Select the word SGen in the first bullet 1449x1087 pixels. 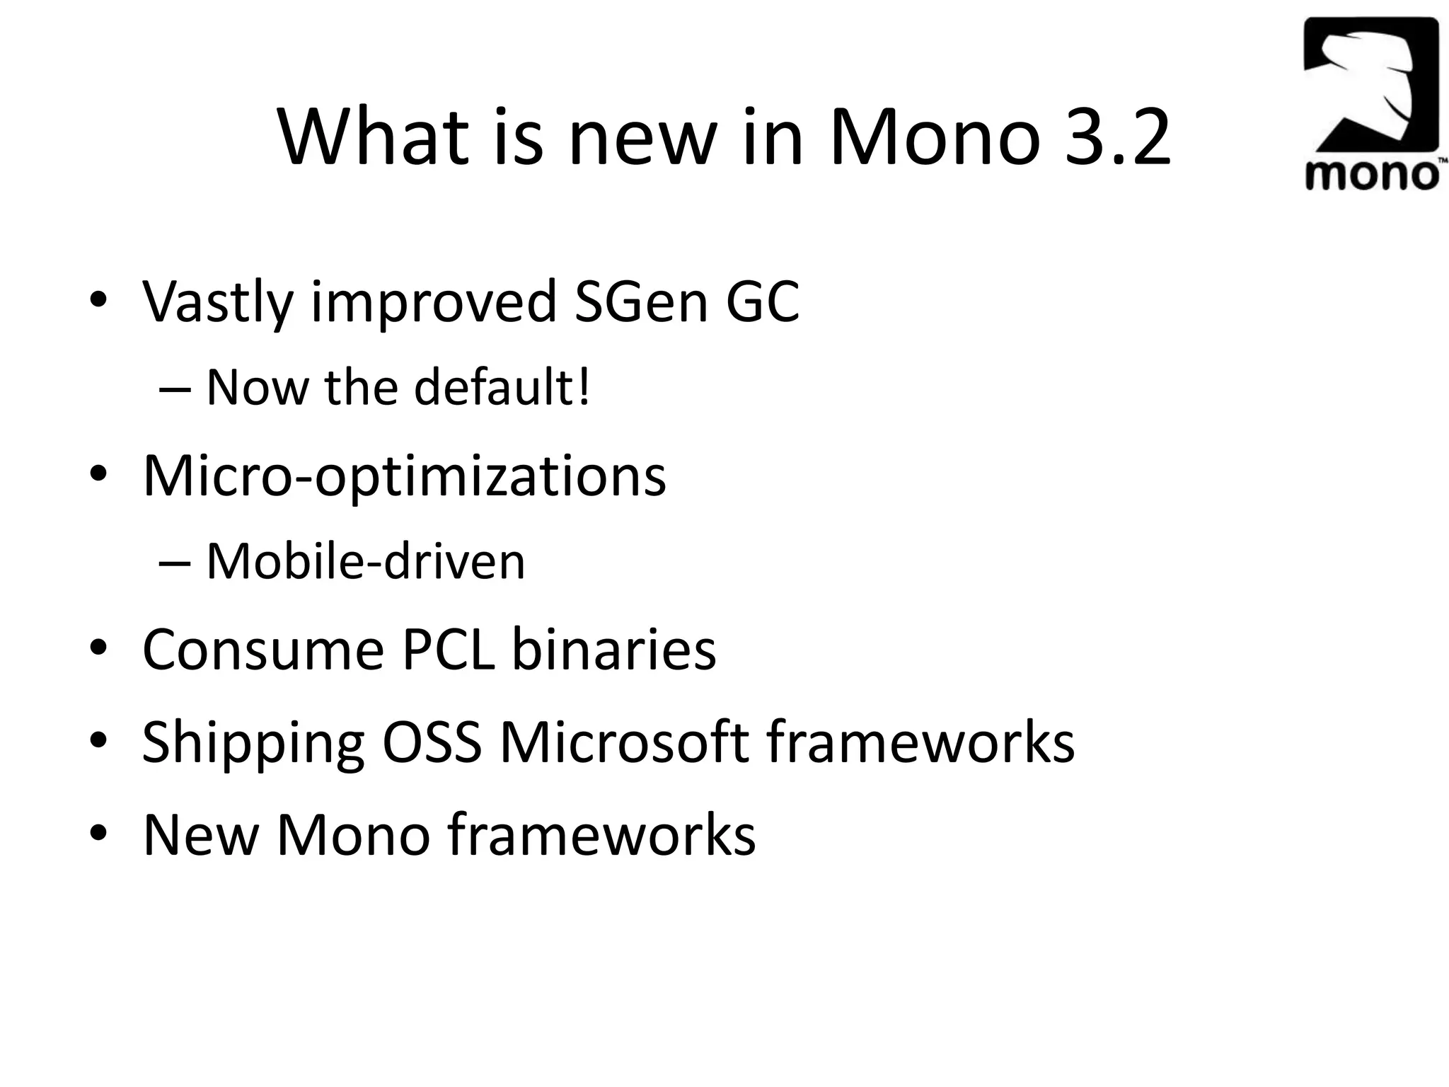(x=641, y=301)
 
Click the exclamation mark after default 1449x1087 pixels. (x=584, y=388)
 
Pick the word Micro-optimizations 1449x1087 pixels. (x=404, y=476)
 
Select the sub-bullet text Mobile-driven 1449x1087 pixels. (x=365, y=562)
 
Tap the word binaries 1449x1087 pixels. (x=613, y=649)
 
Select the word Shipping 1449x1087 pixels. (x=253, y=743)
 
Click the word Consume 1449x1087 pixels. (x=263, y=649)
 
